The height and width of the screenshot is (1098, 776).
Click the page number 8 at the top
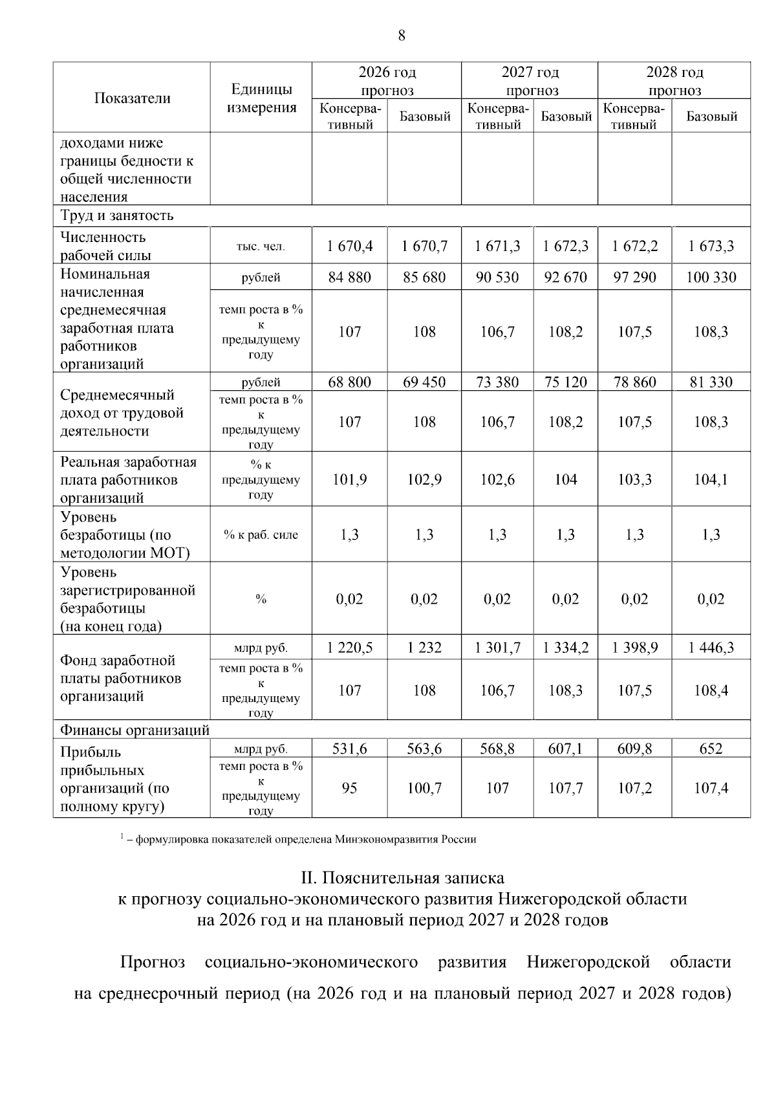pyautogui.click(x=402, y=36)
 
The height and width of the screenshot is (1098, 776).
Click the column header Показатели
pyautogui.click(x=132, y=98)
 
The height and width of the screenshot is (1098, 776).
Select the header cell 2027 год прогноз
pyautogui.click(x=530, y=81)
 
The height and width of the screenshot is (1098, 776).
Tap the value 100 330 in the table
pyautogui.click(x=711, y=278)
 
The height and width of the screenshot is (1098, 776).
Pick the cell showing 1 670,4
pyautogui.click(x=350, y=246)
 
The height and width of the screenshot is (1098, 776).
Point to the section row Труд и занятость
pyautogui.click(x=117, y=215)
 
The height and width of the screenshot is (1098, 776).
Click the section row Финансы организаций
pyautogui.click(x=135, y=730)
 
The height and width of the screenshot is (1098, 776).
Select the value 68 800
pyautogui.click(x=350, y=382)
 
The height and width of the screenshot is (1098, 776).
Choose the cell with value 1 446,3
pyautogui.click(x=711, y=647)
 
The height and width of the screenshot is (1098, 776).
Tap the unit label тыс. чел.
pyautogui.click(x=261, y=247)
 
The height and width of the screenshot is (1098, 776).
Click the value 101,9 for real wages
pyautogui.click(x=350, y=479)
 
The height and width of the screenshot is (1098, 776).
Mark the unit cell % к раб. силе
pyautogui.click(x=261, y=534)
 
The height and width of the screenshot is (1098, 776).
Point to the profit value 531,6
pyautogui.click(x=350, y=749)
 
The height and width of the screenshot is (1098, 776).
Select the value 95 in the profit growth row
pyautogui.click(x=350, y=788)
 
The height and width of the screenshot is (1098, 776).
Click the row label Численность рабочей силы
pyautogui.click(x=103, y=246)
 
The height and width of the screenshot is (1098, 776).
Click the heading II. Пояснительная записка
pyautogui.click(x=402, y=878)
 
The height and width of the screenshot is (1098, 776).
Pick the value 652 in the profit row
pyautogui.click(x=711, y=749)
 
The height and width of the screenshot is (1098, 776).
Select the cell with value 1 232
pyautogui.click(x=424, y=647)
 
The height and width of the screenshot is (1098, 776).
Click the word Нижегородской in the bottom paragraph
pyautogui.click(x=588, y=962)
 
